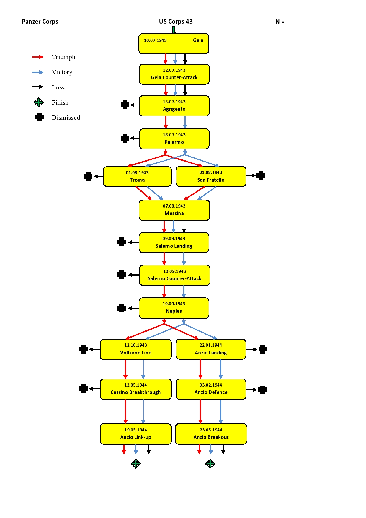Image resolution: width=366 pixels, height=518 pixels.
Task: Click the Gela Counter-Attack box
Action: [174, 74]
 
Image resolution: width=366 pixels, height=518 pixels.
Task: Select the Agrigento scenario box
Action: [174, 106]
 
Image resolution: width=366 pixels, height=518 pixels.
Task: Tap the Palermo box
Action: [174, 139]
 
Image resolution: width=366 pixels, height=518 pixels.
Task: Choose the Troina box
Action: [137, 176]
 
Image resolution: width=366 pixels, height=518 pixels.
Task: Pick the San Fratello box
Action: [211, 176]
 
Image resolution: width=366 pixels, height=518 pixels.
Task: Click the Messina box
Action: [174, 210]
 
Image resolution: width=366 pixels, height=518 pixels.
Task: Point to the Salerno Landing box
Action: [174, 242]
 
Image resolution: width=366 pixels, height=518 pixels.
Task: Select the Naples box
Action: [174, 308]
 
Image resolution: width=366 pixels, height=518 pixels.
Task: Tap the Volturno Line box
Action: [135, 349]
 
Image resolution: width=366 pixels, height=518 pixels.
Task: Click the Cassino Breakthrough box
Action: [135, 389]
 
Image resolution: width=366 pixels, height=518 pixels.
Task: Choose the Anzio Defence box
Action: [211, 389]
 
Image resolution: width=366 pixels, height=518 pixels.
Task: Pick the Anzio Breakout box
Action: [211, 434]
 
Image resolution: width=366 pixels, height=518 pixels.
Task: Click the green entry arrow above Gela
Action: [174, 30]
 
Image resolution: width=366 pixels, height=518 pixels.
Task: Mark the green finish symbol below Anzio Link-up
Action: [136, 464]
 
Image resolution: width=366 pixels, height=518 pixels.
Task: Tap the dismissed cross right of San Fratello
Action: [261, 175]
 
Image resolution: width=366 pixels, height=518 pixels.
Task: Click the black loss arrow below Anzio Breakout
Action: [223, 449]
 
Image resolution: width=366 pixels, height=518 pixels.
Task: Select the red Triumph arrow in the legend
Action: [38, 57]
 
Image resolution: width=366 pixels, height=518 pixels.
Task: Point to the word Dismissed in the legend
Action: [66, 118]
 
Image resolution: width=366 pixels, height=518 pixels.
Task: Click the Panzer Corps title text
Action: [40, 22]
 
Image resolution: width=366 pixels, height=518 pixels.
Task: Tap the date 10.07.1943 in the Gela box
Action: [155, 40]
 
